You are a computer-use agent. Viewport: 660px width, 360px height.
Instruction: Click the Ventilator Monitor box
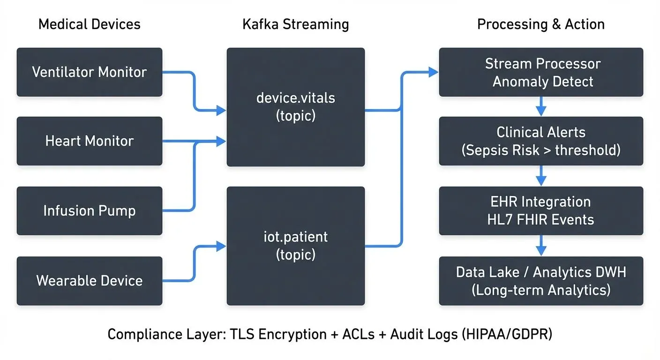89,72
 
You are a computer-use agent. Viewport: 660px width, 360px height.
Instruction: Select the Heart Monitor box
89,141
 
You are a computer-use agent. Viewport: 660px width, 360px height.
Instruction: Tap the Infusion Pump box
89,210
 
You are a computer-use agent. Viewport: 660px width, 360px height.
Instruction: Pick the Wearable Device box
89,281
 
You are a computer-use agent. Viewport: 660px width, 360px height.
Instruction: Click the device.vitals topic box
295,107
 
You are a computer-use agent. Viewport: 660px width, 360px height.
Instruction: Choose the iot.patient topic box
295,246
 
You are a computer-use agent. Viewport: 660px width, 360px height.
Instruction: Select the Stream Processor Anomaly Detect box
541,72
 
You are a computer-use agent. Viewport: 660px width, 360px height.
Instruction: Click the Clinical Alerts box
541,141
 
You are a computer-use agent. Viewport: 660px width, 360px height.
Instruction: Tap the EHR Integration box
541,210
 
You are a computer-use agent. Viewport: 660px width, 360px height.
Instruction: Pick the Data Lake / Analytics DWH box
541,281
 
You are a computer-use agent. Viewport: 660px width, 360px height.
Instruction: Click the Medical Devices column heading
89,24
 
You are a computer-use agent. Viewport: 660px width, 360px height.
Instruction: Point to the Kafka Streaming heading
295,24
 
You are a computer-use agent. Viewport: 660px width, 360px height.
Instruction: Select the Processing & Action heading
541,24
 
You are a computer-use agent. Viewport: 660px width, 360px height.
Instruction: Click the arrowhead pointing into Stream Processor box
433,72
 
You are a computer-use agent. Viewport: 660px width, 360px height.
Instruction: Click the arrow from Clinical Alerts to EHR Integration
541,176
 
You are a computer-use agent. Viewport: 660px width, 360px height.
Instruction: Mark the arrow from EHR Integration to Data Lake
541,245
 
